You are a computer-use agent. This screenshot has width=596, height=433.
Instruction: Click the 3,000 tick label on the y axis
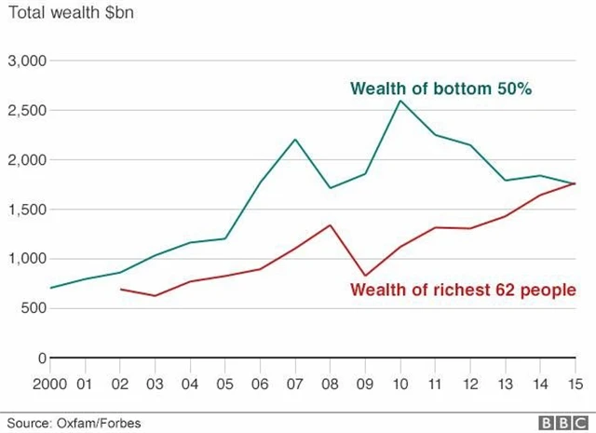click(x=29, y=61)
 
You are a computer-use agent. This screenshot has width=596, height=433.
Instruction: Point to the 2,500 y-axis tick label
click(x=29, y=110)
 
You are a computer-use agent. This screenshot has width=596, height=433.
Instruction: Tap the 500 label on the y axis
click(x=35, y=308)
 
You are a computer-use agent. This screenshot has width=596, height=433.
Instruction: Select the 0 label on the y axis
click(x=42, y=358)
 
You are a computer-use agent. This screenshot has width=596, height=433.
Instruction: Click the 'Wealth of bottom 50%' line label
click(x=440, y=89)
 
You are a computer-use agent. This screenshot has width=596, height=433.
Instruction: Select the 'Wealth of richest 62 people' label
click(x=463, y=290)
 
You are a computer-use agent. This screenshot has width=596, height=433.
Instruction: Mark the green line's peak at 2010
click(x=400, y=101)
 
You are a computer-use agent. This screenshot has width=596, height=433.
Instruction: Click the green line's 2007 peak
click(x=295, y=140)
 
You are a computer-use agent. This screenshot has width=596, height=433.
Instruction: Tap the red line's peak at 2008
click(x=331, y=224)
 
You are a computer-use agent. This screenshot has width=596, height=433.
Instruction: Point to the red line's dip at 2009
click(x=365, y=276)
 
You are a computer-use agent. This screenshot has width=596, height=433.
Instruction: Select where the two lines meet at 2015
click(x=575, y=183)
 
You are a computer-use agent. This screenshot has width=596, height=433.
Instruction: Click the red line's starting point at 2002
click(x=121, y=289)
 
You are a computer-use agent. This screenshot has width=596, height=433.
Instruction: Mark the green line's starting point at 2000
click(x=51, y=288)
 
